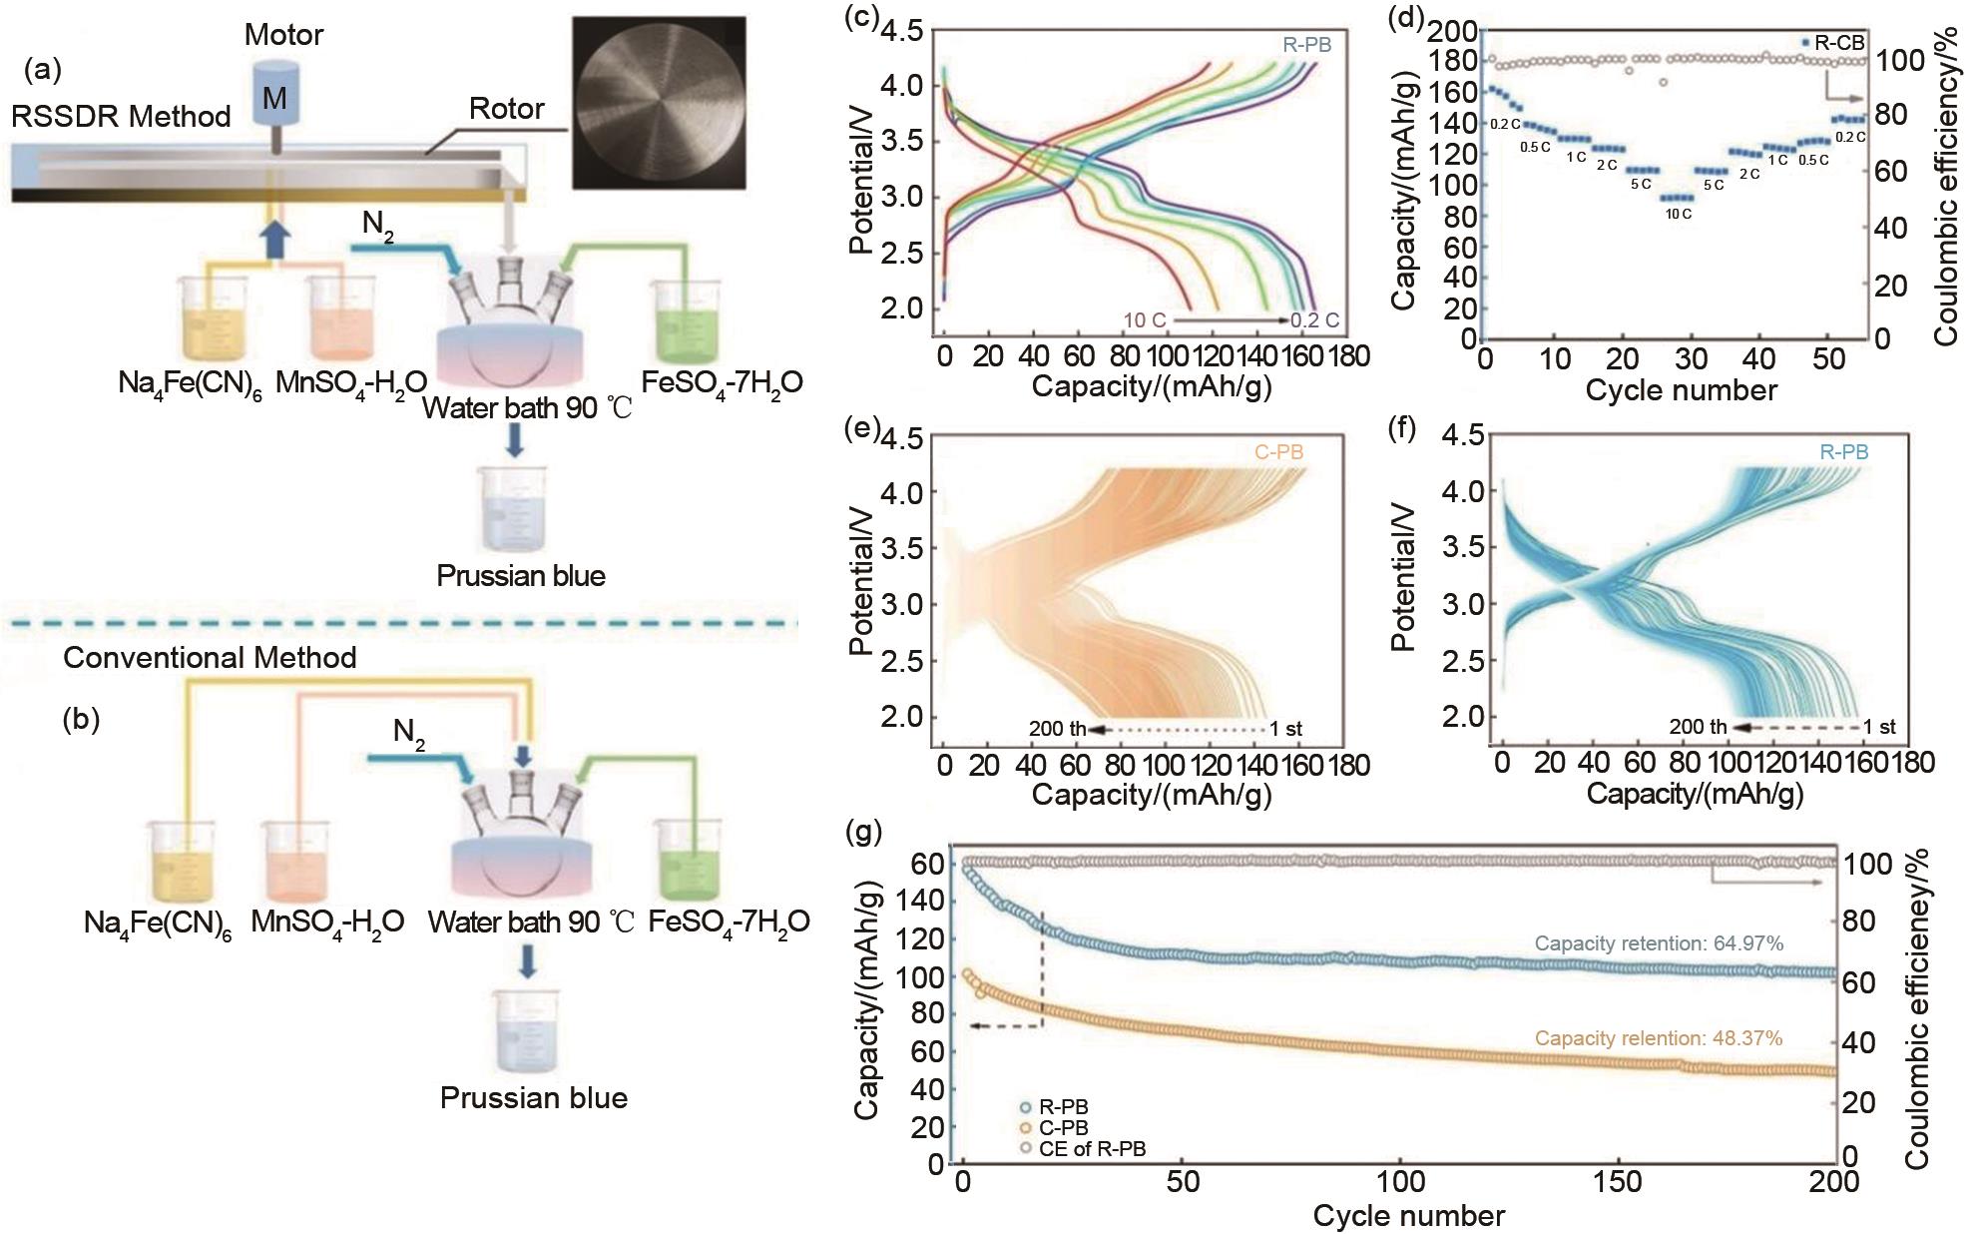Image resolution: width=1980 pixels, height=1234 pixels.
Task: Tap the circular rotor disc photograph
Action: tap(659, 102)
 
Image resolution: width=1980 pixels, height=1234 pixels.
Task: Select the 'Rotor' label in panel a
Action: tap(507, 108)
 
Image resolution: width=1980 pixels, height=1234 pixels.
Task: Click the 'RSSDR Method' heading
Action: tap(121, 117)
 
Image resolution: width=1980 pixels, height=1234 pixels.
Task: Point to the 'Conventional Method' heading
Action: tap(210, 658)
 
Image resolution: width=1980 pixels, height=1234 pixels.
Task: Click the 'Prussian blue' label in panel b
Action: tap(534, 1098)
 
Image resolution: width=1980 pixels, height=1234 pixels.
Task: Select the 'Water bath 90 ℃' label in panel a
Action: tap(527, 408)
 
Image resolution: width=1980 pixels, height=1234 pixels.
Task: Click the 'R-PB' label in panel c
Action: tap(1306, 45)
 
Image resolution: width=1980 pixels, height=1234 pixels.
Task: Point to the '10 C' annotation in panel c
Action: tap(1145, 321)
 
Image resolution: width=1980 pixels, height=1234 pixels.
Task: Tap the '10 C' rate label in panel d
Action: tap(1676, 214)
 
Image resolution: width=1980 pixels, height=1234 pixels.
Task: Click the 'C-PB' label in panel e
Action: tap(1278, 452)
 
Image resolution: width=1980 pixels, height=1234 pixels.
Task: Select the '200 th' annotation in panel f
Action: tap(1698, 727)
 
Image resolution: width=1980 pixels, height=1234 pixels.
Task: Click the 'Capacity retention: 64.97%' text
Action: tap(1659, 943)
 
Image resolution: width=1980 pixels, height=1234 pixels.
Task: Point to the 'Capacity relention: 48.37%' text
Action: tap(1659, 1038)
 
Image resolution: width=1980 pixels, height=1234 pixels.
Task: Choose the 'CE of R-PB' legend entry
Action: tap(1092, 1149)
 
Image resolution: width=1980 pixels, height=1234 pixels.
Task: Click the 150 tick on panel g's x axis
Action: tap(1618, 1183)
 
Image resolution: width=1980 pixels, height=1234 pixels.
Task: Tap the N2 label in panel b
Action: tap(409, 734)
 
